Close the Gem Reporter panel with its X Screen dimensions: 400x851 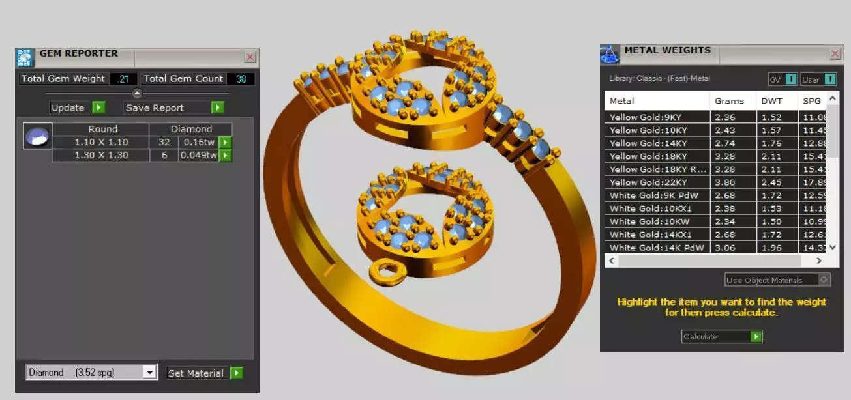250,57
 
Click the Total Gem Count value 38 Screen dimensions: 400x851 241,79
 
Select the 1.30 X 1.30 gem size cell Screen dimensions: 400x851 101,156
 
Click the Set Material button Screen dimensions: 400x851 204,373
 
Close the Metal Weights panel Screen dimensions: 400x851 835,54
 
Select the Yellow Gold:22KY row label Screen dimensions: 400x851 656,182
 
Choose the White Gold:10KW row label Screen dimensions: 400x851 656,221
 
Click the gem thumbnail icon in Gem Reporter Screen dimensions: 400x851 37,136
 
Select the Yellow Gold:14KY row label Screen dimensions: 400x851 656,143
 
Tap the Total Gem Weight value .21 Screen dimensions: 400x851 123,79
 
